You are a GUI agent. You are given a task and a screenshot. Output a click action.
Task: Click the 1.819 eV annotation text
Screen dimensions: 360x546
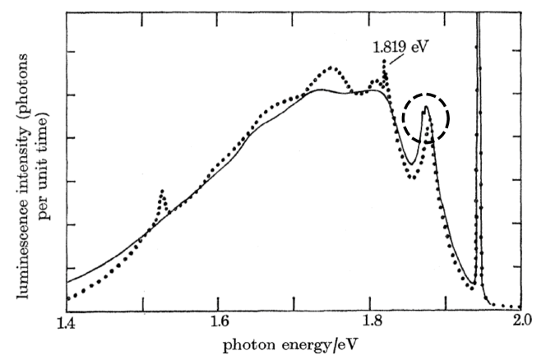tap(400, 47)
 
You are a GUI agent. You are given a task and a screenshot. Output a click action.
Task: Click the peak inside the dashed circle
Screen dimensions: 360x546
tap(426, 108)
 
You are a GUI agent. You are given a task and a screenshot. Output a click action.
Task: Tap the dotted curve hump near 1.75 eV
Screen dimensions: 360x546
tap(331, 67)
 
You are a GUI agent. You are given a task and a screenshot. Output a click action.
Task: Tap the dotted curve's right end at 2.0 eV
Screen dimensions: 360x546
tap(520, 306)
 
